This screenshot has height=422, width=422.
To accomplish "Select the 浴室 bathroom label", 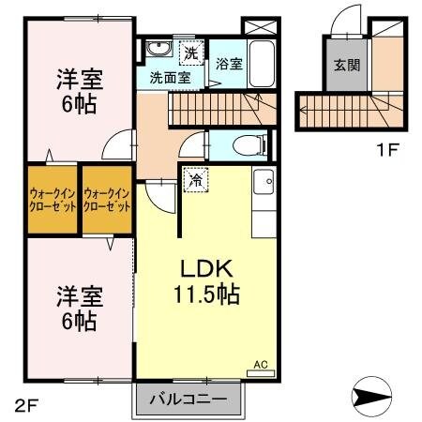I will click(229, 65).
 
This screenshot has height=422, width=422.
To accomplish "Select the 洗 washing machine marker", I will click(192, 52).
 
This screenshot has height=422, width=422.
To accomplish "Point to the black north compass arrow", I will click(378, 395).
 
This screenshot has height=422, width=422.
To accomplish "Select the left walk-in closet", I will click(52, 200).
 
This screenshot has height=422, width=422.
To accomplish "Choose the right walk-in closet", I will click(107, 200).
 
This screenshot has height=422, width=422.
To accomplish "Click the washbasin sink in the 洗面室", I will click(156, 50).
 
